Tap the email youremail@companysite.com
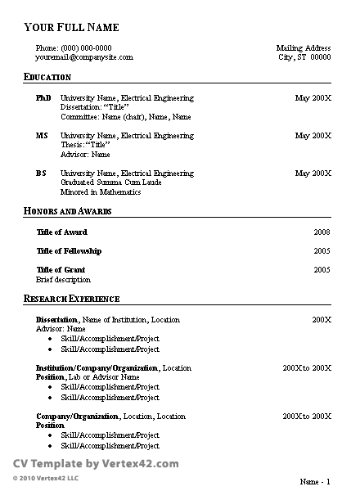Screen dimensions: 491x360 83,58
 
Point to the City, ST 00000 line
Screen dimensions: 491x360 304,58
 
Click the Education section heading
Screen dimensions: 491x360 47,77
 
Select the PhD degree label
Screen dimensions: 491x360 43,98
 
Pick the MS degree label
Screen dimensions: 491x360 42,136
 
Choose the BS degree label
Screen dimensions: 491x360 41,173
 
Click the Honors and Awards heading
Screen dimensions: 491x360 67,212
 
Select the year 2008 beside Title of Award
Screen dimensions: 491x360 322,232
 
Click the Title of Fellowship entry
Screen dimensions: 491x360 70,251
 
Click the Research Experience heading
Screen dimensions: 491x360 72,299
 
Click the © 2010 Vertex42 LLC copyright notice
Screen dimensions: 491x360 46,477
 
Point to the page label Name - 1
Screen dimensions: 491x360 315,480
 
